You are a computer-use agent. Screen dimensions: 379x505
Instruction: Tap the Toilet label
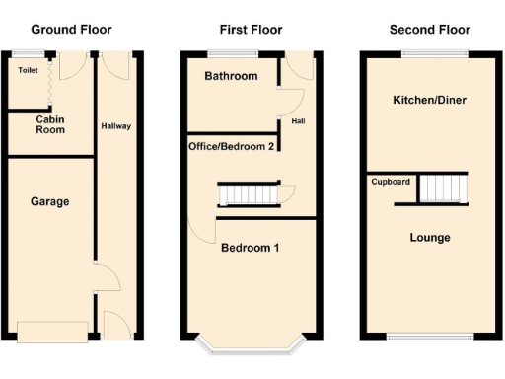pos(28,71)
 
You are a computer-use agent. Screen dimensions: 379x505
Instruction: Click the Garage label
pos(49,201)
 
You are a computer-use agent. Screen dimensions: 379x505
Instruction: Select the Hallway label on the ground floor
pos(115,126)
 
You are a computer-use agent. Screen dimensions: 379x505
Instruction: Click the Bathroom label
pos(231,76)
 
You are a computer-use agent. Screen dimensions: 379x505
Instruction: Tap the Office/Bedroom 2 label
pos(232,146)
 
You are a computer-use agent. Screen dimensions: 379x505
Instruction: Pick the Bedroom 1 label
pos(250,248)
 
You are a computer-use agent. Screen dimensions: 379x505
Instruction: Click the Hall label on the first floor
pos(299,121)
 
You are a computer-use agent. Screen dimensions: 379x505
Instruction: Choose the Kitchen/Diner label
pos(429,100)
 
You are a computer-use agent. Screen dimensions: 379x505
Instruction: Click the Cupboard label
pos(391,182)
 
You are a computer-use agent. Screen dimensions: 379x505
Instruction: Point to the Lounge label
pos(429,238)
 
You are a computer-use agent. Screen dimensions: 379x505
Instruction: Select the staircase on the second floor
pos(442,188)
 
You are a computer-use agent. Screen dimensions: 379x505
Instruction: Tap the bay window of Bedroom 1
pos(250,347)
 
